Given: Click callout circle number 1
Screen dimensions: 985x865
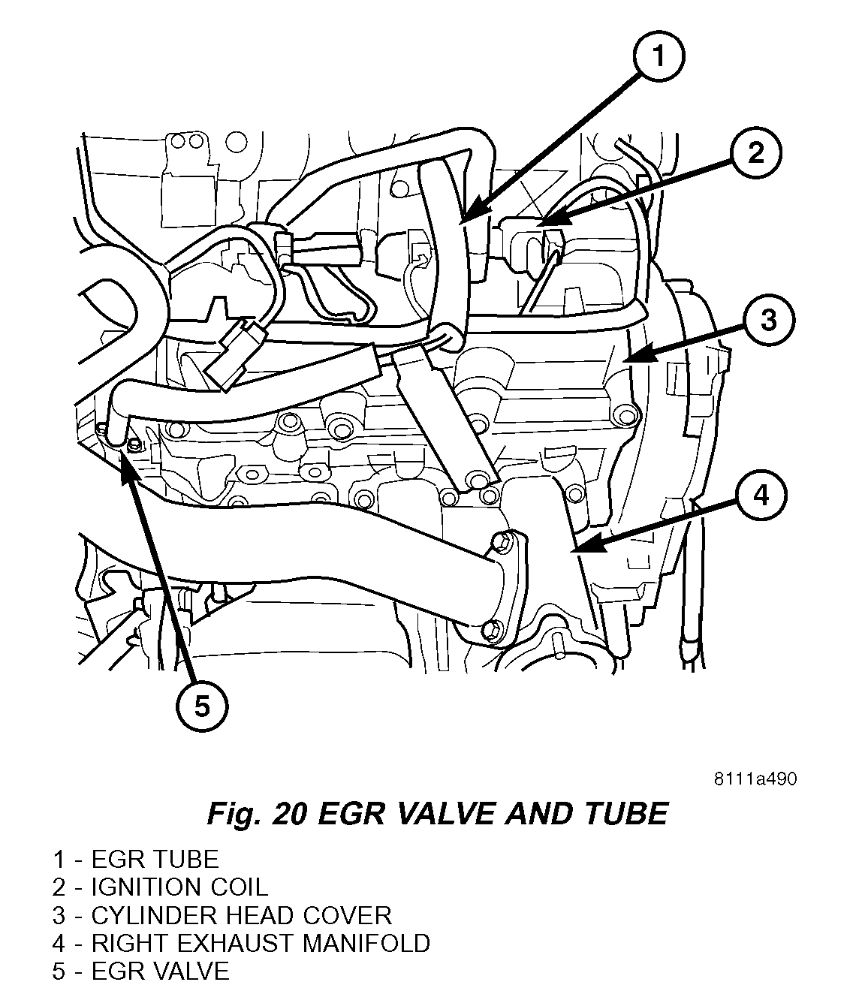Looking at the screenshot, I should (x=657, y=56).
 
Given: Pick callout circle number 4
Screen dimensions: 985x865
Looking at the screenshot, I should (x=761, y=496).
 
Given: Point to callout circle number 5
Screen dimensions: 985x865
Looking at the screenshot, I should (x=202, y=706).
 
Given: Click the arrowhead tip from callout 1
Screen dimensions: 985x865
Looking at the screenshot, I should (x=460, y=222).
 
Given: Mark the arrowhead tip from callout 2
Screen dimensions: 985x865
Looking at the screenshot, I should (x=538, y=223).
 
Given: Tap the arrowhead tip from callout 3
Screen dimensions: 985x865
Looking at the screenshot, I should (x=624, y=360).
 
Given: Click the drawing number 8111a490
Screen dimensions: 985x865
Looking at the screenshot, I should (x=755, y=779).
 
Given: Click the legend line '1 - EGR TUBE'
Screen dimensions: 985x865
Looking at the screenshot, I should (x=135, y=860).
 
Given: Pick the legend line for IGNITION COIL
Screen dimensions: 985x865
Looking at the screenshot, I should (x=160, y=887).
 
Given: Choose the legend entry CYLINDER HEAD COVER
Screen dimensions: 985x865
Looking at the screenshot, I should (x=222, y=915).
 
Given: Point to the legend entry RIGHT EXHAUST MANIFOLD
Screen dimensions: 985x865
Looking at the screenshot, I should (x=241, y=943).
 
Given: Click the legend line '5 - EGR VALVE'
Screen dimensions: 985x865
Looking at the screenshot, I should (x=140, y=971).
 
